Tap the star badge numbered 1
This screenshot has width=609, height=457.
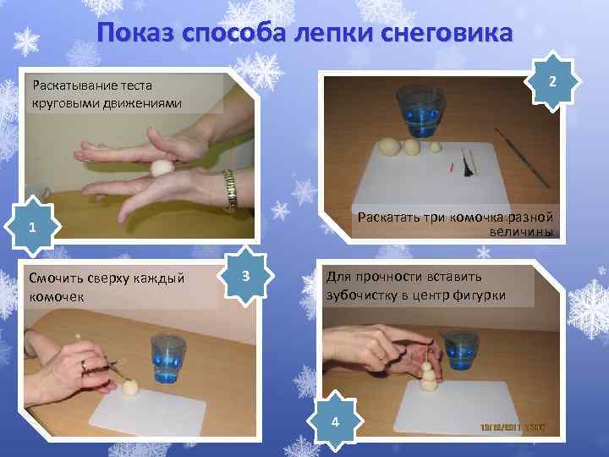(x=31, y=228)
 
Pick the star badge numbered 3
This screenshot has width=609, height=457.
(x=244, y=277)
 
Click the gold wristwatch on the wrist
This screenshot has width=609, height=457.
(x=229, y=188)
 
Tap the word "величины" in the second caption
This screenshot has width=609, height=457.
(x=520, y=231)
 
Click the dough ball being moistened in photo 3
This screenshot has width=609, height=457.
(x=131, y=389)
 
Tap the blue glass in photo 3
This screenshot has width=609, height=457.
(x=167, y=360)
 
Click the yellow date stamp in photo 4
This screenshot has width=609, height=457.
(x=514, y=428)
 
